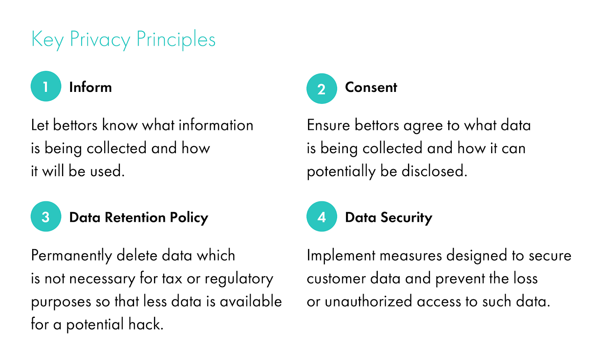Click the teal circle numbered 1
click(x=46, y=86)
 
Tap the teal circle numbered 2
click(x=321, y=88)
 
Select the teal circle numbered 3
click(x=46, y=216)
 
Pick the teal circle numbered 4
click(x=321, y=216)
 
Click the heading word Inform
click(x=90, y=87)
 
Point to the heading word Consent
click(x=371, y=87)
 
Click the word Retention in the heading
click(x=135, y=218)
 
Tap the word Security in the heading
click(x=406, y=218)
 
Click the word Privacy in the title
click(x=100, y=40)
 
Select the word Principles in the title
click(x=176, y=40)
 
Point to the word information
click(x=216, y=125)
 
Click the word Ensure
click(x=328, y=125)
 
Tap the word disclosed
click(x=434, y=171)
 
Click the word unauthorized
click(x=368, y=301)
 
